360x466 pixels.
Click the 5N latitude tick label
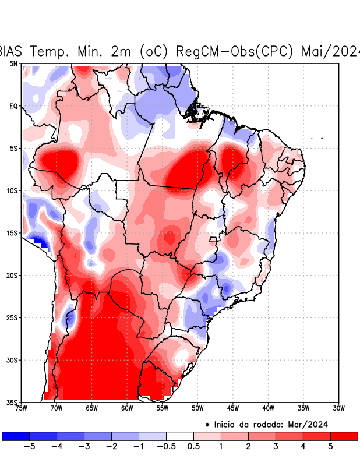13,63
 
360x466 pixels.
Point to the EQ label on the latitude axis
13,106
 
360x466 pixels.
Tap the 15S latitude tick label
12,233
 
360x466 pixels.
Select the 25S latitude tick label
12,317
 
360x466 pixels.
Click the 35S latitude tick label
12,402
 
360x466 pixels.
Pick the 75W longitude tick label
21,408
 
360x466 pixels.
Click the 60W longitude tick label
127,408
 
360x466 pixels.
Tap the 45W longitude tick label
232,408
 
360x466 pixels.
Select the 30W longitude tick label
338,408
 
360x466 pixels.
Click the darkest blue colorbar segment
16,436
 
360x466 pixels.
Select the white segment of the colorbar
180,436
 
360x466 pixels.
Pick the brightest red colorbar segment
344,436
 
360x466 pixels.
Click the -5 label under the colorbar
27,447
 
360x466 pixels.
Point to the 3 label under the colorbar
276,447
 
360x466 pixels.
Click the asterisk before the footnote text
207,425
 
